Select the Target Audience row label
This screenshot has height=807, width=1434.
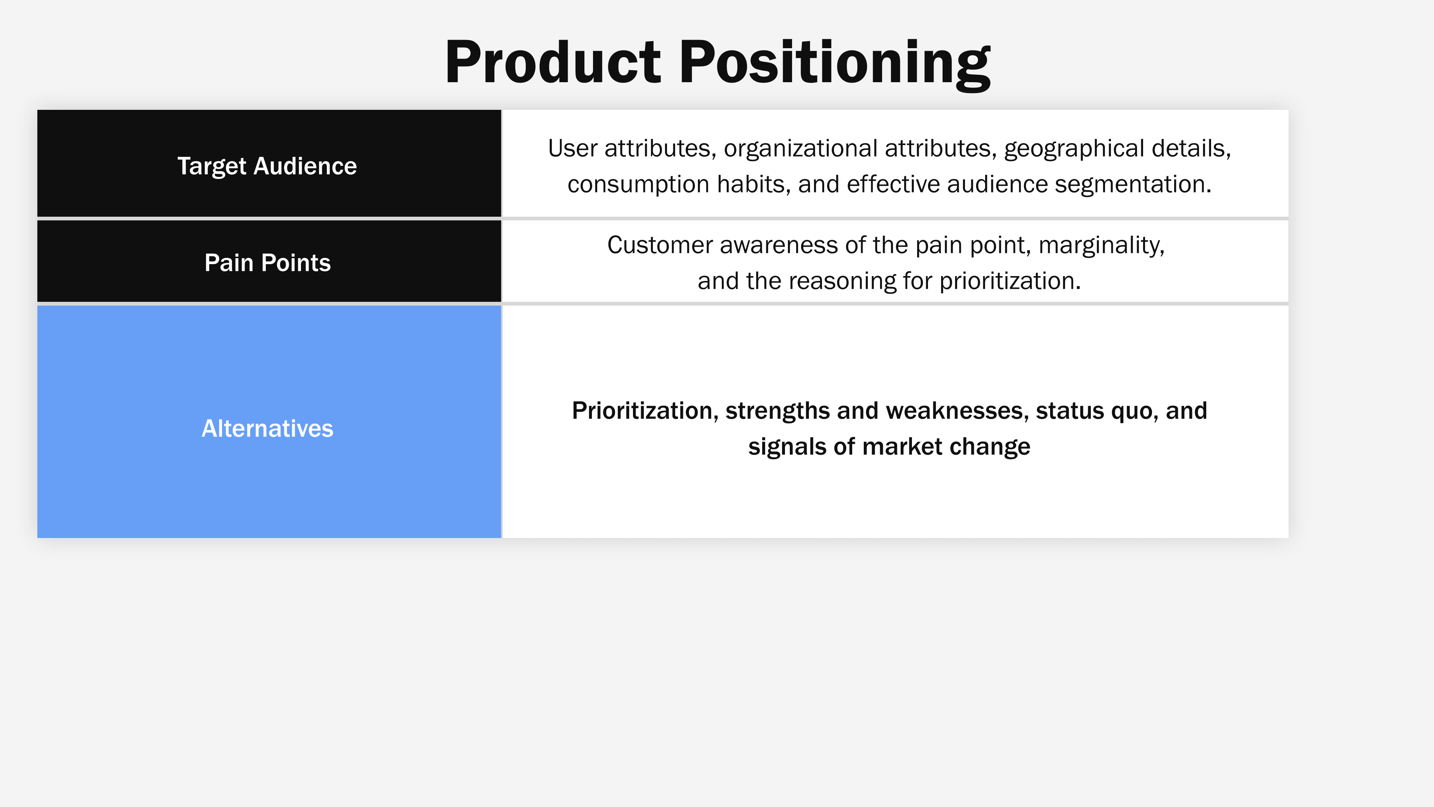pyautogui.click(x=267, y=166)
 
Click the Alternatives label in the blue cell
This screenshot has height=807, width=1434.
pyautogui.click(x=267, y=428)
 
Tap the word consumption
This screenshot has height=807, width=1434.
pyautogui.click(x=639, y=184)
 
